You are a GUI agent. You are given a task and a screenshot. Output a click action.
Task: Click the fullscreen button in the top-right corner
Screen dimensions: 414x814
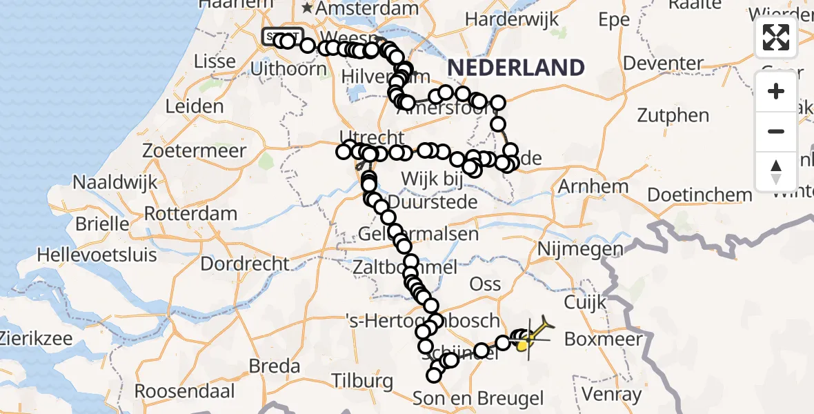(x=776, y=37)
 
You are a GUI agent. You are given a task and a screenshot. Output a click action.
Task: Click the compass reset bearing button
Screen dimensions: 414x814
(x=776, y=172)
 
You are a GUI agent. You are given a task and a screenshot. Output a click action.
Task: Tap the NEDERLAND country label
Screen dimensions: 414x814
(x=516, y=68)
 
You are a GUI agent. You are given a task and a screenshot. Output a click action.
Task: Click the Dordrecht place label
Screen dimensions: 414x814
(x=245, y=263)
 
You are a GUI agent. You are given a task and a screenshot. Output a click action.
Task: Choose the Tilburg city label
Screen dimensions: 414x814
(x=361, y=380)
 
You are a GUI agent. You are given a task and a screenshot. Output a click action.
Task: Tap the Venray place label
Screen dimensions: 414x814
(x=611, y=395)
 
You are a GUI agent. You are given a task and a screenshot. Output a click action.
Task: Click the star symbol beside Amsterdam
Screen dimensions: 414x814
(x=307, y=9)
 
